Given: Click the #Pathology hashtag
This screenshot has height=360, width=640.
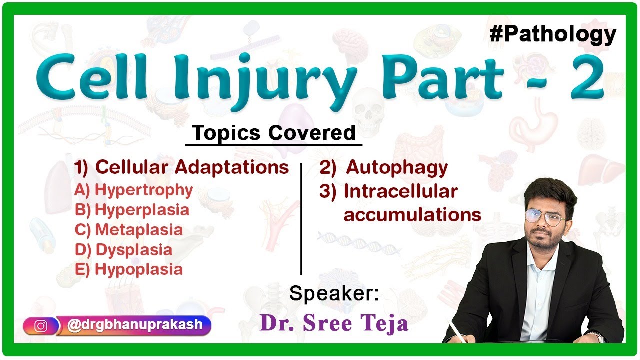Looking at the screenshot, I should pos(553,34).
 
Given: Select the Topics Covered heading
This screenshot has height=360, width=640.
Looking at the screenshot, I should pos(274,133).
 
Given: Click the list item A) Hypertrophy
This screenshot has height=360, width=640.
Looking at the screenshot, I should pos(134,190).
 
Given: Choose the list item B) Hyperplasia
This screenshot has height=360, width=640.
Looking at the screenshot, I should pos(132,210).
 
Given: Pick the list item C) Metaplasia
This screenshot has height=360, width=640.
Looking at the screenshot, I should pos(129,230).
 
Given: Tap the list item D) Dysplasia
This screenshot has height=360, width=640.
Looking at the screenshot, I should pos(123,250).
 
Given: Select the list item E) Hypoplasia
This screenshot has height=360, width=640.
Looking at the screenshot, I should pos(129,270).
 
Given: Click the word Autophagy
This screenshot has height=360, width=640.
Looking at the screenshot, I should pos(396,168).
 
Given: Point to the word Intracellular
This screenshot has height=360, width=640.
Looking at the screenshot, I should pos(400,191).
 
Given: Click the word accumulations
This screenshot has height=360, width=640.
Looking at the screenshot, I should pos(412,215).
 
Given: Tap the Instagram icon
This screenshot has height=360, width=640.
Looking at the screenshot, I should pos(41,326).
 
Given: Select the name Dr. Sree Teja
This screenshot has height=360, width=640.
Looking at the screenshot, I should pos(334,323).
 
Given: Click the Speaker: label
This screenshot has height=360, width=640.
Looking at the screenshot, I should pos(334,294).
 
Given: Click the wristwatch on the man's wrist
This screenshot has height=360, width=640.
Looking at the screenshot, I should pos(596,336).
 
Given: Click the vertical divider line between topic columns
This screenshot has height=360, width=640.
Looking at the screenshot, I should pos(301,219).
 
